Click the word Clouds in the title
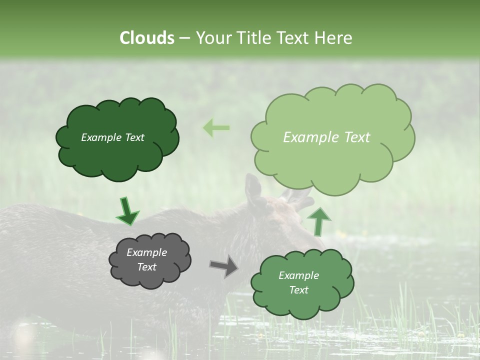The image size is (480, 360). (x=146, y=38)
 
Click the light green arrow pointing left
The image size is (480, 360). (x=216, y=128)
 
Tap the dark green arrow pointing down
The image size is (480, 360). (x=127, y=211)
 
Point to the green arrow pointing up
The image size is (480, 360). (x=318, y=221)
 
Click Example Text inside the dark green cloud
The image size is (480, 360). (x=112, y=137)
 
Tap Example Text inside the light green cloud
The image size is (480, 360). (x=326, y=137)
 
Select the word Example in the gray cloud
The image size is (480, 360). (x=146, y=252)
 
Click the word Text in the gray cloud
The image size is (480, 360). (x=146, y=267)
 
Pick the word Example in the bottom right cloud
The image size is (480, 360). (x=298, y=275)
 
